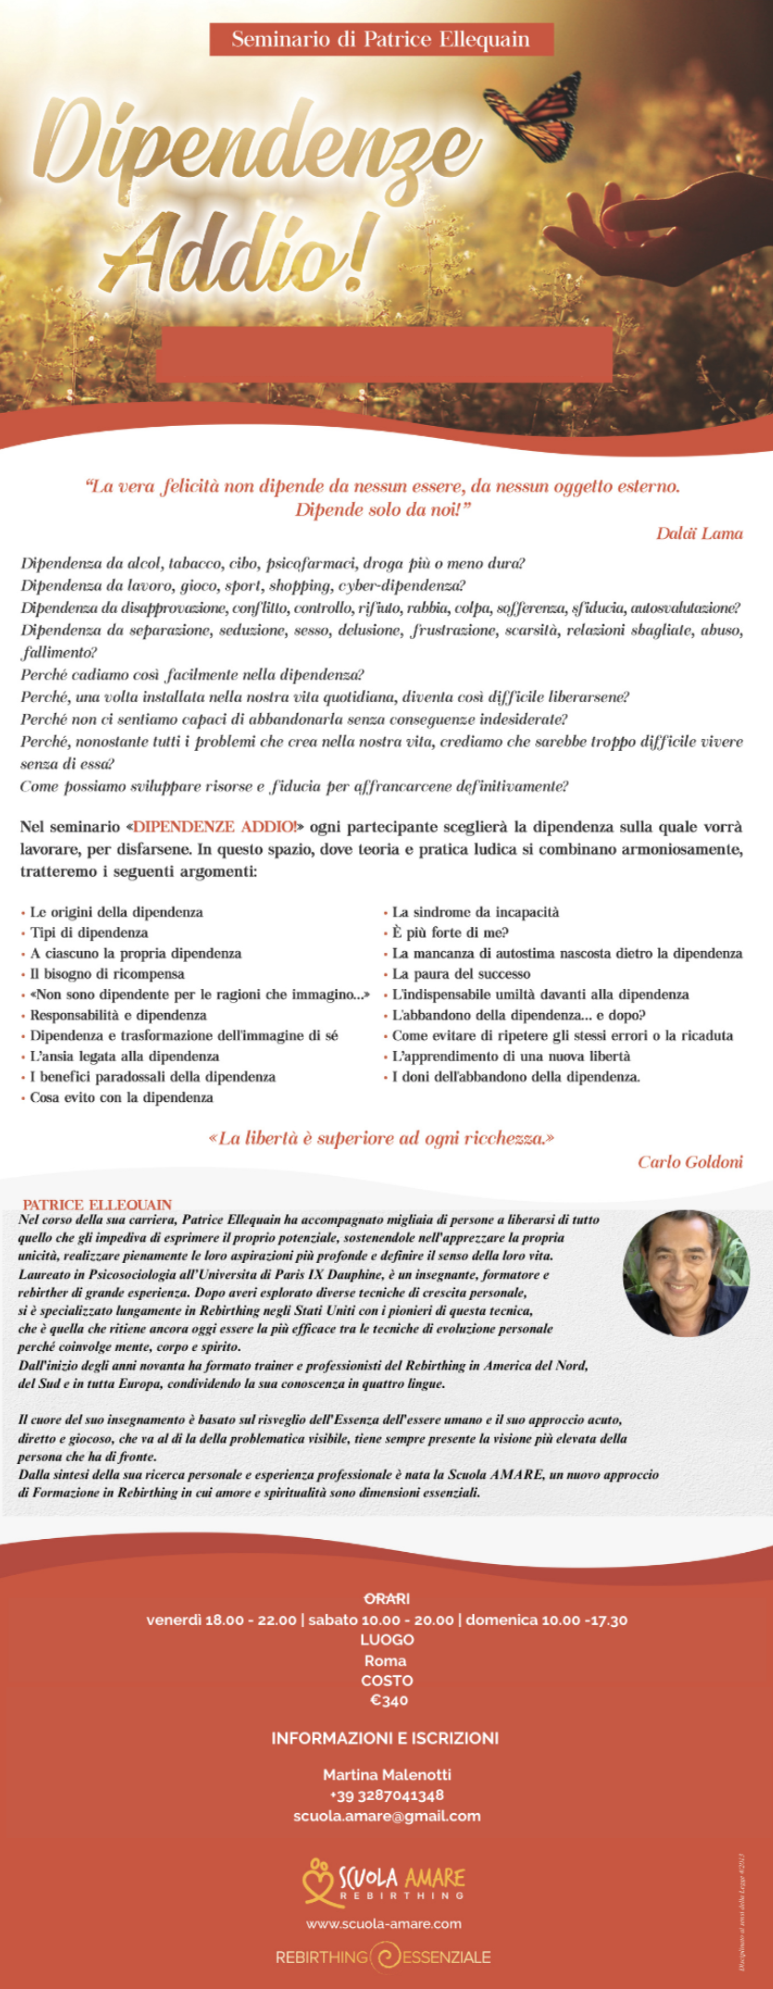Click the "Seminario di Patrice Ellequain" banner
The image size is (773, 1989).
(380, 40)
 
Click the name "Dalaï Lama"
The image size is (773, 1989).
(699, 533)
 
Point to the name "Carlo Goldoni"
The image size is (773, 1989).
(690, 1162)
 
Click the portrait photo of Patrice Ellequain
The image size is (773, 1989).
(686, 1273)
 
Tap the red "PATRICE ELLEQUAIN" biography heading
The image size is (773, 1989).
(97, 1205)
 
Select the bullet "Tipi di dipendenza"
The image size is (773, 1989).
(89, 932)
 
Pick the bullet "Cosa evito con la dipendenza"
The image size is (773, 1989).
(121, 1097)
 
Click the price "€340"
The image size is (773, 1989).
(389, 1700)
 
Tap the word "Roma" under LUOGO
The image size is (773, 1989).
(385, 1660)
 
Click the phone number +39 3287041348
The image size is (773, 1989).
(387, 1795)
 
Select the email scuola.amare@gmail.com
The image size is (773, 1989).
(387, 1816)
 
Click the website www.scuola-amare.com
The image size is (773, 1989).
(384, 1923)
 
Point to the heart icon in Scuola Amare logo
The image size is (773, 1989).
(318, 1880)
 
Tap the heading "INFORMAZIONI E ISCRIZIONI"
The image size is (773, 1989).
(385, 1738)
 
